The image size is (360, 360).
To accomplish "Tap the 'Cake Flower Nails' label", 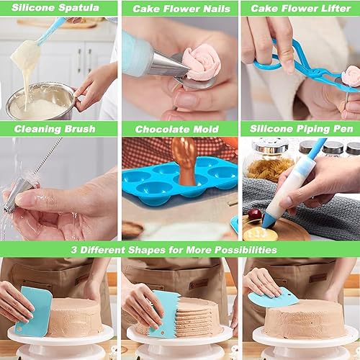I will click(x=179, y=9).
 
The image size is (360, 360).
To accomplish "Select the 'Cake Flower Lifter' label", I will click(x=300, y=9).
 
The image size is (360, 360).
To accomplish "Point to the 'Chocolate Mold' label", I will click(x=179, y=129).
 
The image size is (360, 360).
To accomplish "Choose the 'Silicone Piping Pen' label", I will click(x=300, y=129).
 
